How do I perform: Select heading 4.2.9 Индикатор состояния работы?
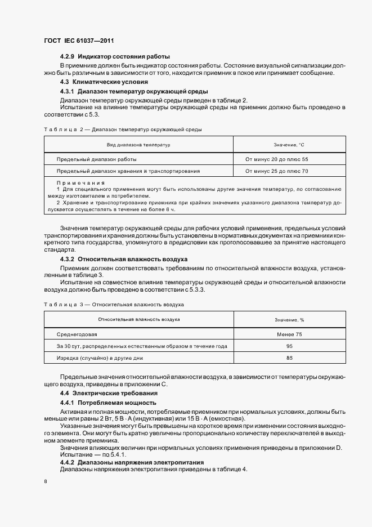point(115,57)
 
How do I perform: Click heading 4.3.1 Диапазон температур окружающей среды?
point(134,91)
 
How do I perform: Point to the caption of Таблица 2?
point(122,129)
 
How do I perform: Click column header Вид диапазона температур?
point(138,145)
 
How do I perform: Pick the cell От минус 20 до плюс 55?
point(277,159)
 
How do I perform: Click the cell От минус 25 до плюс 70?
point(277,171)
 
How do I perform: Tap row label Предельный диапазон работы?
point(96,159)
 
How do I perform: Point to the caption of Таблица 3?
point(114,305)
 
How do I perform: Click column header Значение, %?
point(289,320)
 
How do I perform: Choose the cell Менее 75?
point(289,334)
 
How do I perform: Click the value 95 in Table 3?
point(289,346)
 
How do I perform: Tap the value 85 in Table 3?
point(289,358)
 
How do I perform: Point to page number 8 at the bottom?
point(45,481)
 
